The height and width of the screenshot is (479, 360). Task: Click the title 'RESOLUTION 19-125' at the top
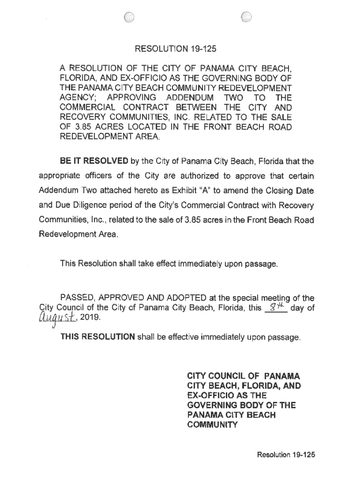point(176,48)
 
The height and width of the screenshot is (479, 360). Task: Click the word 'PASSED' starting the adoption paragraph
point(77,298)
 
